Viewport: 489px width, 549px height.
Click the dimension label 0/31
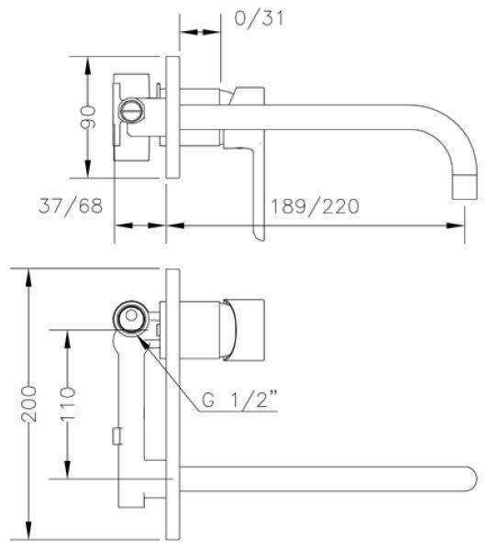point(259,17)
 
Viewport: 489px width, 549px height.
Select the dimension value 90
point(88,117)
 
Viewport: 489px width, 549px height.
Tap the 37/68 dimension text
point(71,206)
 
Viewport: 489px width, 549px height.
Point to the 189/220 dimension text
point(315,206)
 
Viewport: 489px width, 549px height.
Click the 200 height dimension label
point(28,403)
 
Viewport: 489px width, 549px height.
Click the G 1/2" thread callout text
point(239,399)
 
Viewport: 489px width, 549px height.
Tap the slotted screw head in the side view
point(132,110)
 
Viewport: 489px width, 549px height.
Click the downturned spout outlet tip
point(464,187)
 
